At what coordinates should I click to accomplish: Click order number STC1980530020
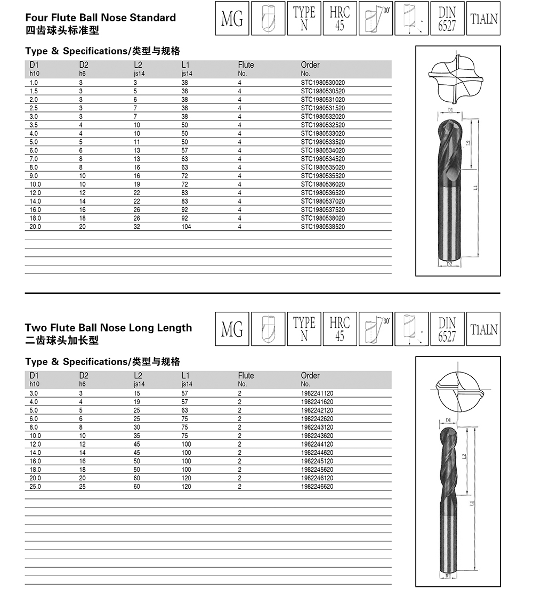coord(322,83)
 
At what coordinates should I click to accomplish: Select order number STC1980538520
coord(322,227)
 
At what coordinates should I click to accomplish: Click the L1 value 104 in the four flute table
coord(185,227)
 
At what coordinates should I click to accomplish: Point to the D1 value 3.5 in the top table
coord(34,125)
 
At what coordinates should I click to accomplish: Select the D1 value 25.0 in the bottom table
coord(35,487)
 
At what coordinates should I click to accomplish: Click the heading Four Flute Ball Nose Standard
coord(100,18)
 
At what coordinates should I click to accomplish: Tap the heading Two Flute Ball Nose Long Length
coord(108,328)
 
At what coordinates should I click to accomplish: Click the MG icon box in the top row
coord(232,19)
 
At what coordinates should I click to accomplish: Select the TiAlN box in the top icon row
coord(484,19)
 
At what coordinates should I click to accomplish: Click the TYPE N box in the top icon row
coord(304,19)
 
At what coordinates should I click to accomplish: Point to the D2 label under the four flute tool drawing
coord(449,264)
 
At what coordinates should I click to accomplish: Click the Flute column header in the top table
coord(246,65)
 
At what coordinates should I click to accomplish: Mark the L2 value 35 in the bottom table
coord(137,435)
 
